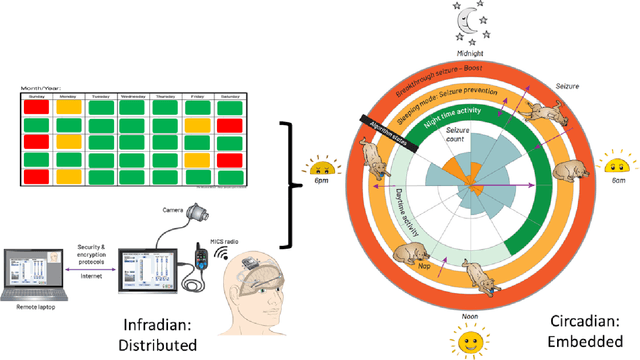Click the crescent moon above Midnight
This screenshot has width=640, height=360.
coord(466,19)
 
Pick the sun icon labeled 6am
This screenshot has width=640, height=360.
coord(613,164)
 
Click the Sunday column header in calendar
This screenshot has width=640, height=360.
coord(38,98)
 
